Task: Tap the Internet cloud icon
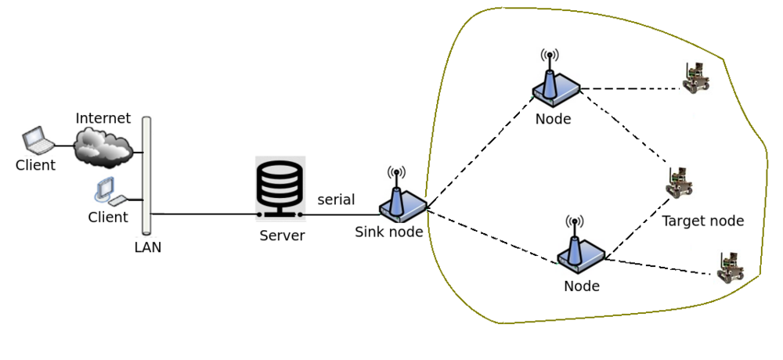pyautogui.click(x=102, y=146)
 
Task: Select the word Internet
pyautogui.click(x=103, y=119)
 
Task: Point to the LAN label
pyautogui.click(x=148, y=247)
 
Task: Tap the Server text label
pyautogui.click(x=282, y=236)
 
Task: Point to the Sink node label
pyautogui.click(x=389, y=232)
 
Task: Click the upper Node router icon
pyautogui.click(x=555, y=85)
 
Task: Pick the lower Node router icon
pyautogui.click(x=580, y=249)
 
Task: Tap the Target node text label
pyautogui.click(x=702, y=221)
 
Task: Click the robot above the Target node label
pyautogui.click(x=679, y=183)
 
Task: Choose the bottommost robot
pyautogui.click(x=730, y=268)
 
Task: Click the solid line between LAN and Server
pyautogui.click(x=204, y=214)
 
